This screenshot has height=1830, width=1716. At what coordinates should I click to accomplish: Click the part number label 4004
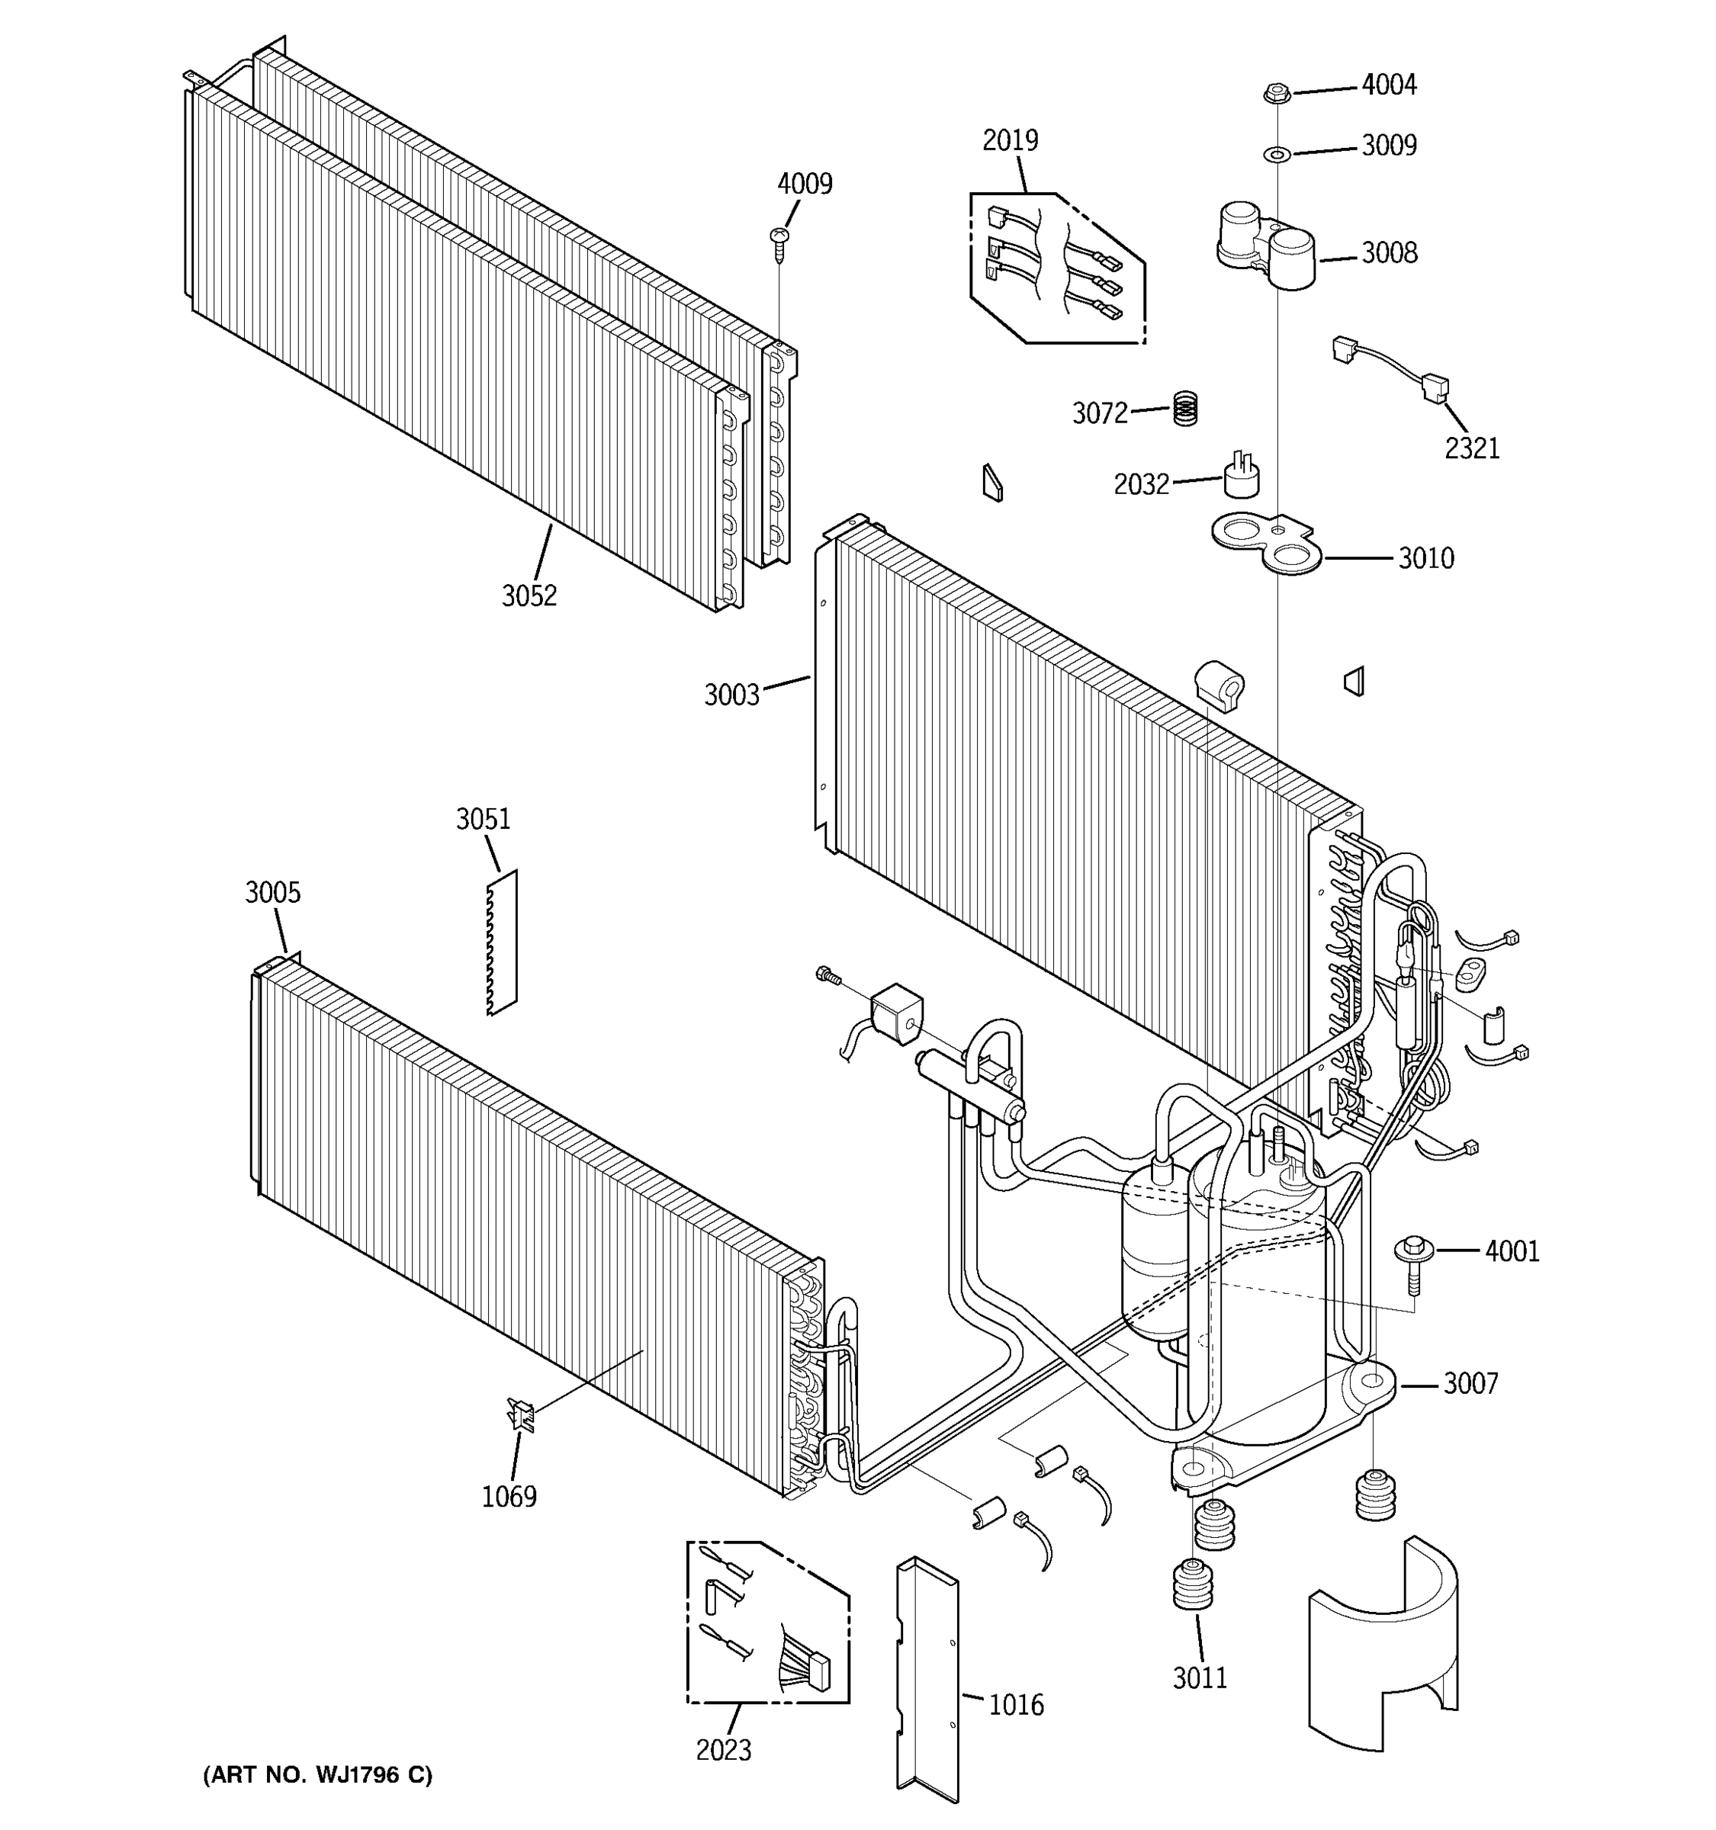tap(1388, 85)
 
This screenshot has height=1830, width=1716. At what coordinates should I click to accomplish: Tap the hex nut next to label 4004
tap(1275, 92)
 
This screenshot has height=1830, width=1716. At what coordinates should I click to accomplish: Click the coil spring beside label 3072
tap(1186, 408)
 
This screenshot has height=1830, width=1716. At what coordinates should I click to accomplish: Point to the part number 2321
tap(1471, 448)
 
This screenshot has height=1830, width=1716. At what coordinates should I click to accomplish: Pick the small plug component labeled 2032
tap(1241, 475)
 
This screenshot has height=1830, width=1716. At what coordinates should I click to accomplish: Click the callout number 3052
tap(529, 596)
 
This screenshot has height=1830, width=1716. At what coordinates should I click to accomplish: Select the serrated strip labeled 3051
tap(503, 942)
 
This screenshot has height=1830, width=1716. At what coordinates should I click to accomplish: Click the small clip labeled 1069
tap(520, 1413)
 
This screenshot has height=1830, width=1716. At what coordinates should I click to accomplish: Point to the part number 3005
tap(272, 892)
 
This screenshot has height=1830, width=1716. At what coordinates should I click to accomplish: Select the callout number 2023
tap(723, 1750)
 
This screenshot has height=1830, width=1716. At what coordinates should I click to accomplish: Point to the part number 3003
tap(732, 694)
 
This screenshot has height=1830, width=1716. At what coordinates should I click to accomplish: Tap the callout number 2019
tap(1010, 140)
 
